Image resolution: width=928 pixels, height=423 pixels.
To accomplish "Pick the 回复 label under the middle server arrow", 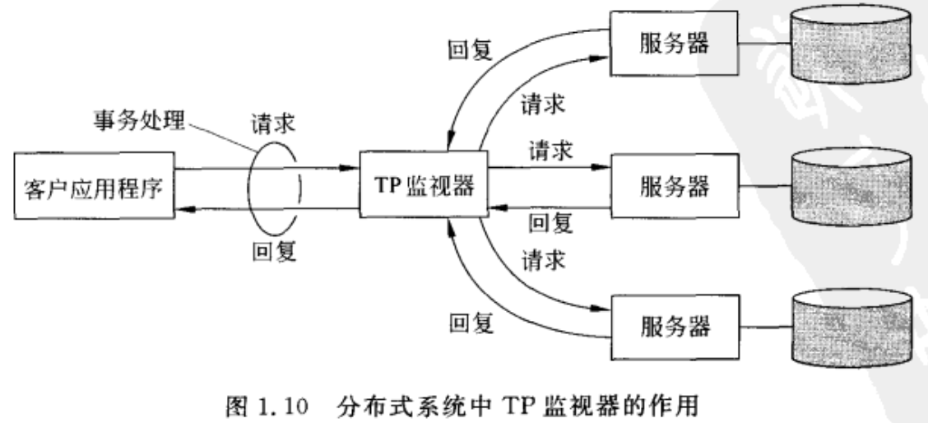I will coord(550,221).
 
